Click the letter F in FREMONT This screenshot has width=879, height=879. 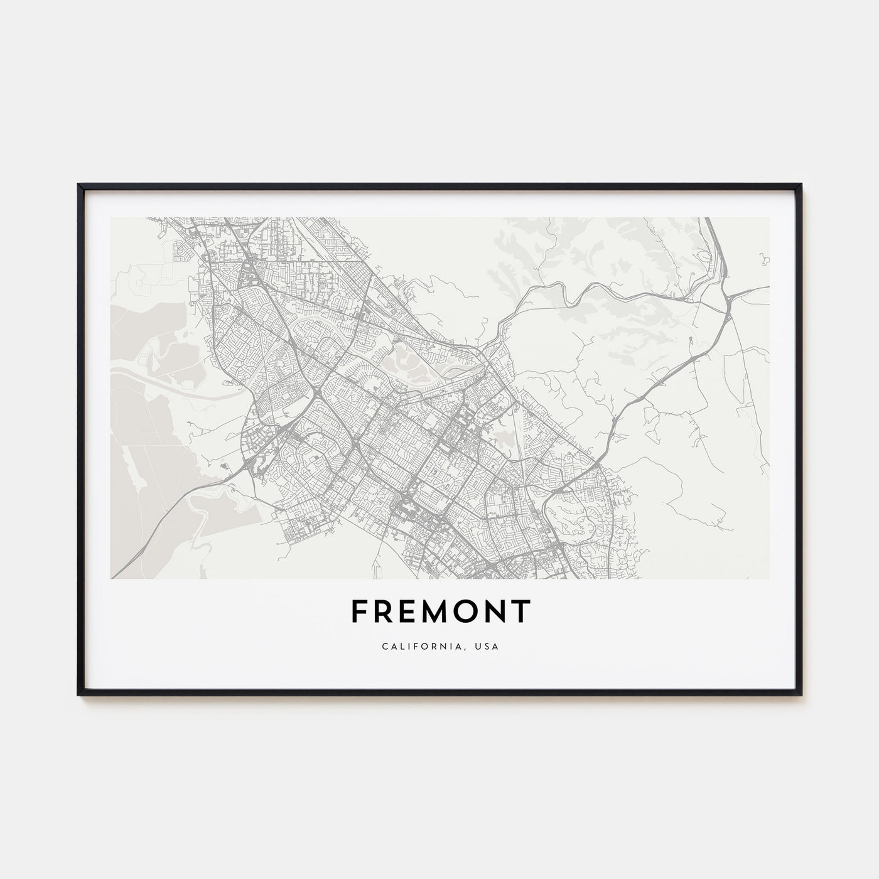coord(359,611)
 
